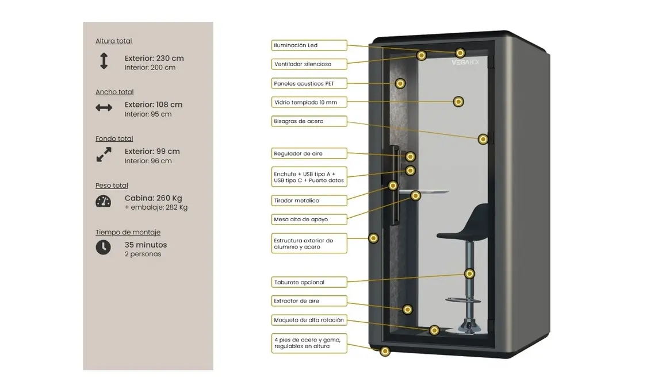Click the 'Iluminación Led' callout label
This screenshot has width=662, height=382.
tap(309, 45)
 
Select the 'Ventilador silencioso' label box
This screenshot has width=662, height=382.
tap(309, 64)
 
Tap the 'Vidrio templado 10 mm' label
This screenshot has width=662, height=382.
tap(309, 102)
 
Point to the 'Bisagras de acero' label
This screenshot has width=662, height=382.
tap(309, 121)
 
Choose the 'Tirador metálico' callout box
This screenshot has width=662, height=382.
tap(309, 200)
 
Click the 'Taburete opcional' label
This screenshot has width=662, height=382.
tap(309, 282)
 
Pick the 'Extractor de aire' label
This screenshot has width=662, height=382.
tap(309, 301)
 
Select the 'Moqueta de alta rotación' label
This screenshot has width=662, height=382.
tap(309, 320)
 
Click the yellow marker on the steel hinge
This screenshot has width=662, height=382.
tap(483, 139)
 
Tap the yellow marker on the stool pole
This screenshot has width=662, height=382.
tap(469, 273)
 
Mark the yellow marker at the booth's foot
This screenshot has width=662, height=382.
tap(385, 351)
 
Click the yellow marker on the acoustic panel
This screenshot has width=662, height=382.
tap(400, 83)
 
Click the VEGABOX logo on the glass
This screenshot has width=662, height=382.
tap(465, 62)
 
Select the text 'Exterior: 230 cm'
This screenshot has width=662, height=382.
tap(154, 58)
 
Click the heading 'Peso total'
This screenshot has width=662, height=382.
tap(112, 186)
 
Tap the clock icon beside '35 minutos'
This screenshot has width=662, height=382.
tap(104, 248)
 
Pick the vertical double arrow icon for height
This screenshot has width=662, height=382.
tap(104, 61)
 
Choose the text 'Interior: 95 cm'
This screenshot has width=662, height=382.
tap(148, 114)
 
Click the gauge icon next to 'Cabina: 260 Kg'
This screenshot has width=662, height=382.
tap(104, 201)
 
